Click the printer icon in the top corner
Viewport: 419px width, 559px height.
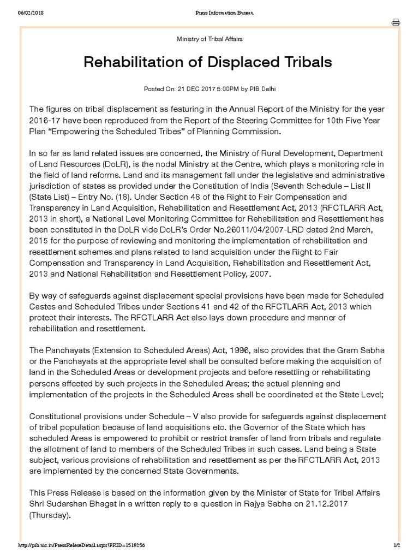tap(396, 22)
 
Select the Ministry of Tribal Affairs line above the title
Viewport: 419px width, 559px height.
tap(209, 39)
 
